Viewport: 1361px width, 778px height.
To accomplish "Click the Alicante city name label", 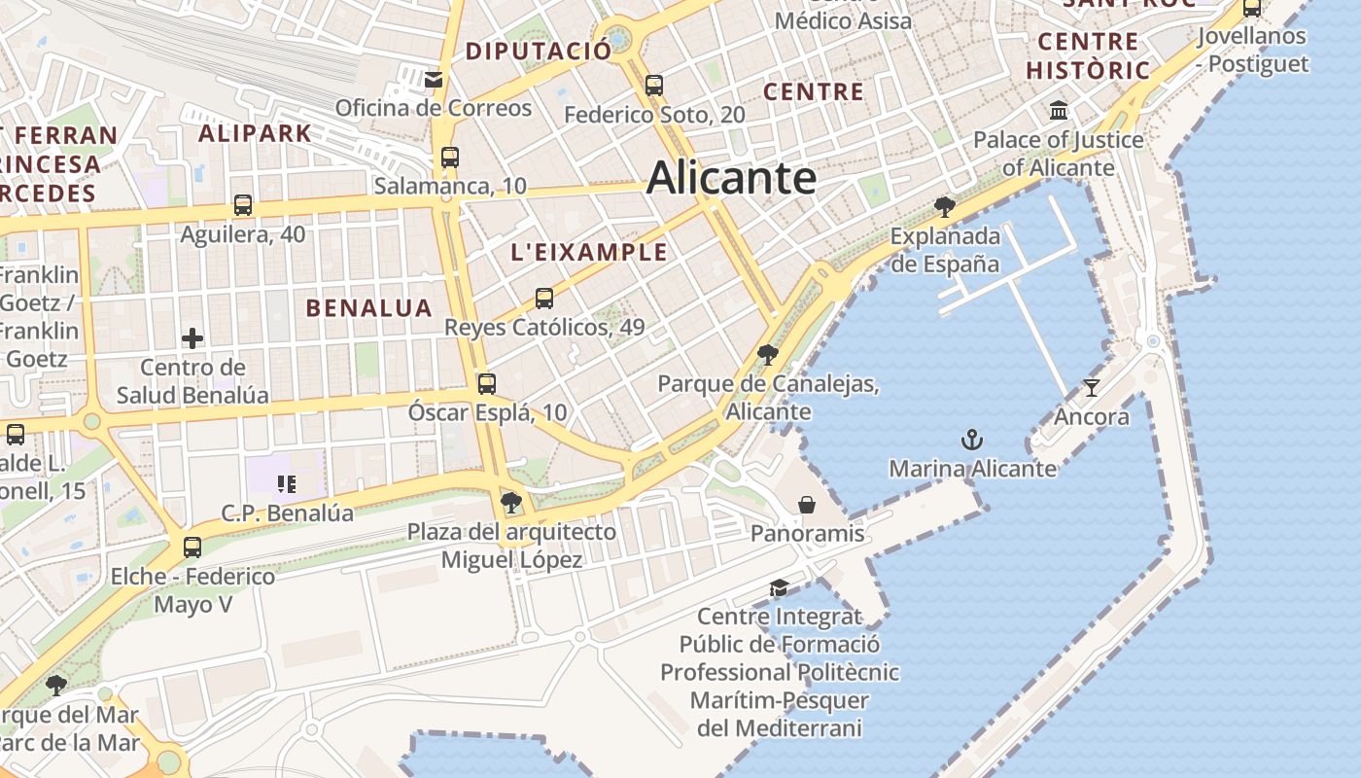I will click(731, 178).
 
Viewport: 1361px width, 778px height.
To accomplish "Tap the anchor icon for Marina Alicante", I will click(972, 441).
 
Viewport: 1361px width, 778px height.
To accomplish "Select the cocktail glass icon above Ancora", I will click(1092, 388).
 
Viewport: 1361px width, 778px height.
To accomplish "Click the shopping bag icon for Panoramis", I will click(807, 505).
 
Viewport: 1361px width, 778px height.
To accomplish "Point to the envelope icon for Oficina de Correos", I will click(434, 79).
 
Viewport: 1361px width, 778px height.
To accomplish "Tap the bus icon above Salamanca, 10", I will click(449, 157).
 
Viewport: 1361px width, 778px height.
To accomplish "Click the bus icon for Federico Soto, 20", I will click(654, 86).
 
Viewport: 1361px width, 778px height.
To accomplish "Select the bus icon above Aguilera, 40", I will click(243, 205).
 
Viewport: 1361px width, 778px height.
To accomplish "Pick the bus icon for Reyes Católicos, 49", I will click(544, 299).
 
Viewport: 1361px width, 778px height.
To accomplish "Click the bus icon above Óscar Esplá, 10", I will click(487, 383).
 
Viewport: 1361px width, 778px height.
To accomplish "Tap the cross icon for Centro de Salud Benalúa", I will click(192, 338).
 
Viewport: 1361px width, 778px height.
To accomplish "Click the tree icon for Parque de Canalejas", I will click(768, 354).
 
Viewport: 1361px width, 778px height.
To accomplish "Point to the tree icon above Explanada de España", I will click(944, 206).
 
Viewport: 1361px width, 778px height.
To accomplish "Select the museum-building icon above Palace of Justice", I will click(1059, 110).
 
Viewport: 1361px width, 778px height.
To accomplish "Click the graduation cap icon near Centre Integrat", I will click(779, 587).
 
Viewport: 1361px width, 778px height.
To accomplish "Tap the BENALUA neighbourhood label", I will click(368, 308).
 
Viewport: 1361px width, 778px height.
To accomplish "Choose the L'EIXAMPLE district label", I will click(589, 253).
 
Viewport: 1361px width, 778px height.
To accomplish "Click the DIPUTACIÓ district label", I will click(539, 51).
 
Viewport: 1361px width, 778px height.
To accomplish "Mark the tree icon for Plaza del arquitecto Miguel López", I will click(511, 502).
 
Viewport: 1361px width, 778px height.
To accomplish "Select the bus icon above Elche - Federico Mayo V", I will click(192, 547).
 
